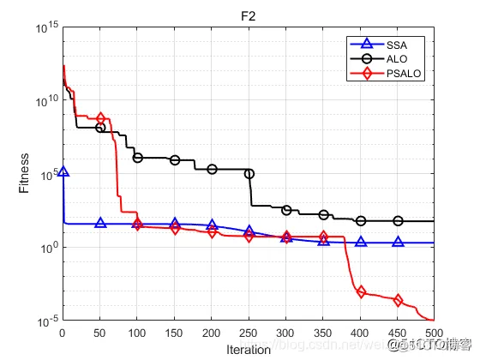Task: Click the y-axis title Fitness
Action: pyautogui.click(x=26, y=174)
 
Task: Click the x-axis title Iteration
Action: pyautogui.click(x=249, y=350)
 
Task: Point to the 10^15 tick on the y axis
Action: pyautogui.click(x=45, y=28)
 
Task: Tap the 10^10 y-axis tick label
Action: pyautogui.click(x=45, y=101)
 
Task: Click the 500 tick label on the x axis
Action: pyautogui.click(x=435, y=334)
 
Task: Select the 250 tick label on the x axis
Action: pyautogui.click(x=249, y=334)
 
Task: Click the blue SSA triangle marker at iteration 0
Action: pyautogui.click(x=63, y=172)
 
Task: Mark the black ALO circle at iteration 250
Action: pyautogui.click(x=249, y=174)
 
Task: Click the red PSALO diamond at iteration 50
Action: pyautogui.click(x=100, y=118)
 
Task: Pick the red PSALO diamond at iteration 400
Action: pyautogui.click(x=361, y=292)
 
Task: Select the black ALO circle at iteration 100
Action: pyautogui.click(x=137, y=158)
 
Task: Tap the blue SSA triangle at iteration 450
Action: pyautogui.click(x=398, y=243)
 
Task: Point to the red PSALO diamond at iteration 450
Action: pyautogui.click(x=398, y=300)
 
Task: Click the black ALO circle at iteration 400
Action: pyautogui.click(x=361, y=221)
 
